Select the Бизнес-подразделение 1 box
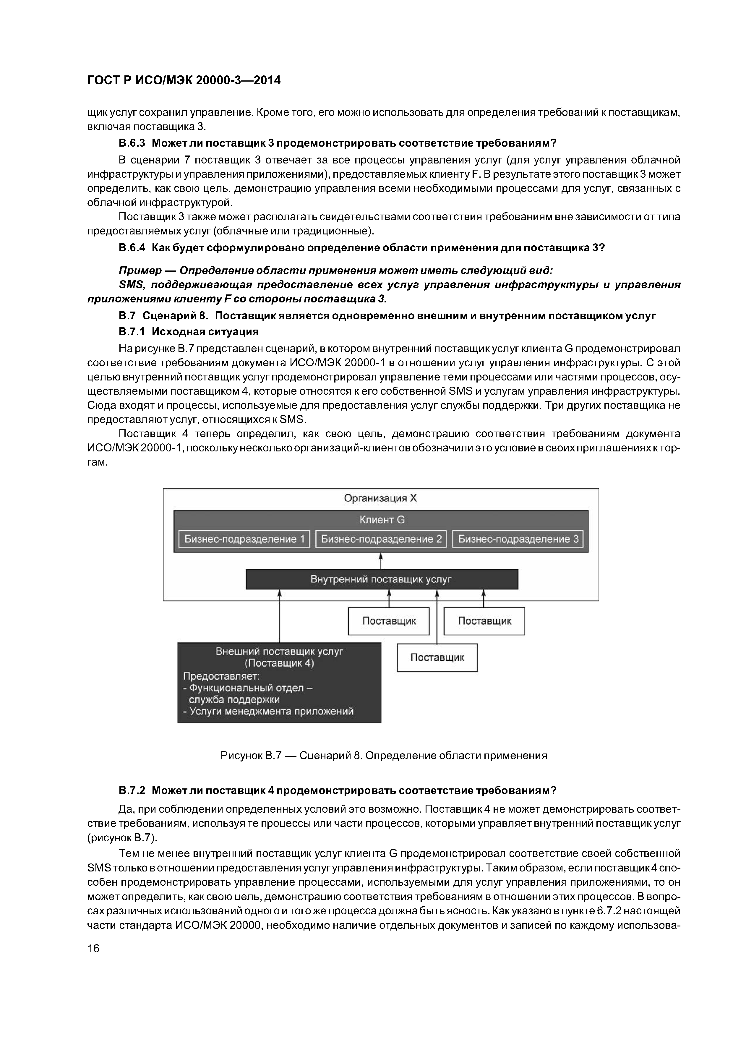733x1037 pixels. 244,539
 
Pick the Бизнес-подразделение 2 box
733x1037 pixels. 381,539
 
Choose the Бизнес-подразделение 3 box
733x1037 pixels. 518,539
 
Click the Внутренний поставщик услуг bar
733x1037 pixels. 382,579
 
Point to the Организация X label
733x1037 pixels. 380,498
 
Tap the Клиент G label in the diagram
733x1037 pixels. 382,520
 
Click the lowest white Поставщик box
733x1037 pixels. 437,658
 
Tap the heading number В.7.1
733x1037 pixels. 132,332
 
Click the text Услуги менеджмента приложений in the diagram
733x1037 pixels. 271,711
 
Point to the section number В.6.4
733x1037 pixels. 132,248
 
